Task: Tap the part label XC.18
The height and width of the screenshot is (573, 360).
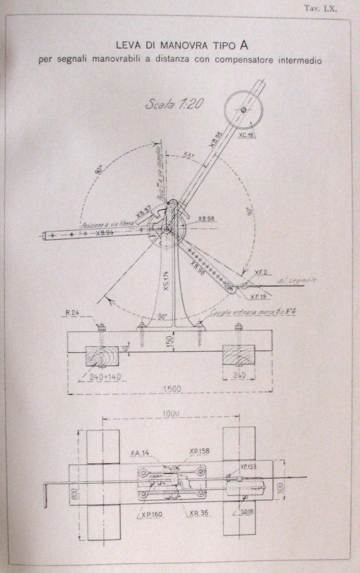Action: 246,135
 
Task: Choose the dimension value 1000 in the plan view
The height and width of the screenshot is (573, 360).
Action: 171,414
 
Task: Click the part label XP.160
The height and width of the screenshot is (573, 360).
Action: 151,515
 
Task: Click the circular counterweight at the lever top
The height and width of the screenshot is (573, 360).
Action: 243,109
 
